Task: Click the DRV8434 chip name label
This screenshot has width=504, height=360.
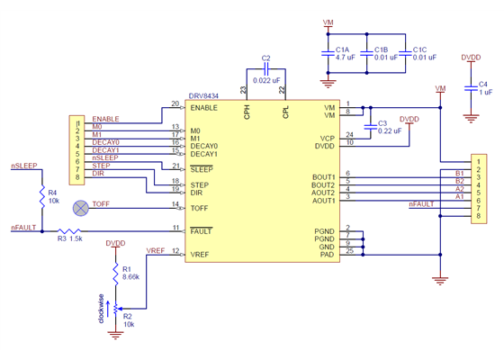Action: pos(202,94)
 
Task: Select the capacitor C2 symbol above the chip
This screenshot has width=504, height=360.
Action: pos(265,68)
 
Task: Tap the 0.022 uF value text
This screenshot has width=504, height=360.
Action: pos(266,81)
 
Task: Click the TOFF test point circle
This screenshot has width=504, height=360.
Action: pos(80,207)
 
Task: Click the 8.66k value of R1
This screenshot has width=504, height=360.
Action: pos(131,277)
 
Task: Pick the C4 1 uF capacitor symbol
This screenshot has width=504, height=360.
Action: pos(470,88)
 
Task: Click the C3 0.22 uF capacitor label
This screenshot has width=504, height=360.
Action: pos(388,127)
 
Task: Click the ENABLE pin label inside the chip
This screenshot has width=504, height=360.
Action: pos(204,108)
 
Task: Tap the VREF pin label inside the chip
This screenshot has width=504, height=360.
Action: pos(200,256)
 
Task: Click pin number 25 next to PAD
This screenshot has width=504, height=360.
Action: pos(349,251)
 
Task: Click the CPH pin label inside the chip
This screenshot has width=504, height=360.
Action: pos(247,112)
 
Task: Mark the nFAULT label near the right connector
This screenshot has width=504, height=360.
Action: pos(421,204)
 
